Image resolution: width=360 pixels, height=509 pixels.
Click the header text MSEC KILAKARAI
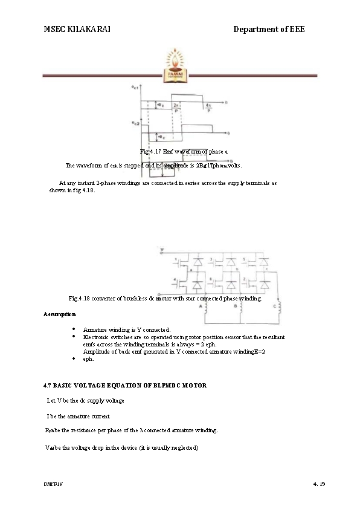click(x=77, y=29)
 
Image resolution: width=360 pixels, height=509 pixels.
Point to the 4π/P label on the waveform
click(x=208, y=108)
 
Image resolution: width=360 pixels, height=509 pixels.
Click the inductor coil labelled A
click(x=207, y=309)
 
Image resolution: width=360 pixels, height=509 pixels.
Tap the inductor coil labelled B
click(x=241, y=309)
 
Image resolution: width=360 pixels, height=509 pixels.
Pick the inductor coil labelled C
click(x=277, y=309)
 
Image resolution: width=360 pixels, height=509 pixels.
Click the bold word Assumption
click(x=60, y=314)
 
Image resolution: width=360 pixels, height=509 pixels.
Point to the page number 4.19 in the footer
click(x=319, y=485)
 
